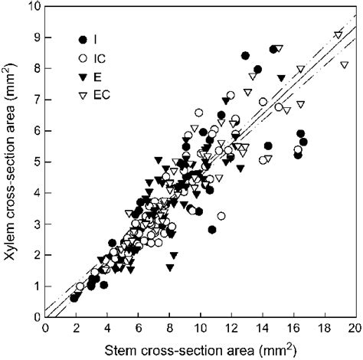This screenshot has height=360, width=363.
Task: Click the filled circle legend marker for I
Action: [82, 38]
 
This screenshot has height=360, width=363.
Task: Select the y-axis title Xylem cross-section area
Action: [13, 161]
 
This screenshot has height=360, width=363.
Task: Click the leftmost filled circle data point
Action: [74, 297]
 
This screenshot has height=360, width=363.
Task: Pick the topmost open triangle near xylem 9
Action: [338, 34]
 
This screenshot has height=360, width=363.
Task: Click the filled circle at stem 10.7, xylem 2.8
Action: [212, 230]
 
